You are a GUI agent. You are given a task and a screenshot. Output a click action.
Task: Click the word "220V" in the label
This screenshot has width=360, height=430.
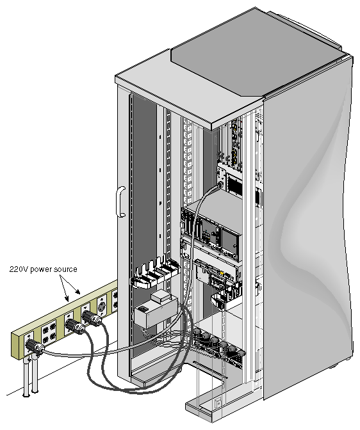point(19,269)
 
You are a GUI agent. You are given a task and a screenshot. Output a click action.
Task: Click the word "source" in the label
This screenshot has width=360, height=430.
point(65,269)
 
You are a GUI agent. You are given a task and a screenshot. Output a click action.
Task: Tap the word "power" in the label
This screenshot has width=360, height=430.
point(41,270)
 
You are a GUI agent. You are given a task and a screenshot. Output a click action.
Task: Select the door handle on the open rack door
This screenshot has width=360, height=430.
point(120,202)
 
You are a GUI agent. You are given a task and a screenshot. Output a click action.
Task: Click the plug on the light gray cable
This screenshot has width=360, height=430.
point(34,346)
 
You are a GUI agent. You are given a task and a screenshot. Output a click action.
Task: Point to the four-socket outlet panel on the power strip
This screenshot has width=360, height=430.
point(49,330)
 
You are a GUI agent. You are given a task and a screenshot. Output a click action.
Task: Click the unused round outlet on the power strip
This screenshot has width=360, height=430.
point(102,307)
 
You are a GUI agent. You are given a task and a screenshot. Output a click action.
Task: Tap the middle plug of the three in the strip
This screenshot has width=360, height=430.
point(75,326)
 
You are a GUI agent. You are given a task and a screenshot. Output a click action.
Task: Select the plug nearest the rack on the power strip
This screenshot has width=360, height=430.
point(92,319)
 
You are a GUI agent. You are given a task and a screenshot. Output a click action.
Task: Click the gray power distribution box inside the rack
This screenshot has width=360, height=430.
point(156,311)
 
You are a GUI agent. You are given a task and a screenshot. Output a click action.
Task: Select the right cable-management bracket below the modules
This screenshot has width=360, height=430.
point(225,297)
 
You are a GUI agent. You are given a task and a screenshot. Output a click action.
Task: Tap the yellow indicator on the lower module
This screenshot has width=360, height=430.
point(222,273)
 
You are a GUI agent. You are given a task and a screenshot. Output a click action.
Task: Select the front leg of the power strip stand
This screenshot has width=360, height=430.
point(26,377)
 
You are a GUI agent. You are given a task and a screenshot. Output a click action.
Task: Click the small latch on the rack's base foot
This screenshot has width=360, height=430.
point(218,403)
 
